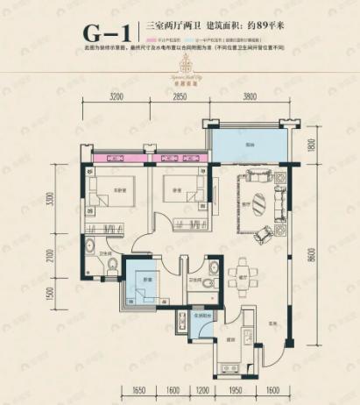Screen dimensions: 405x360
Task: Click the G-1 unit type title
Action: [x=107, y=32]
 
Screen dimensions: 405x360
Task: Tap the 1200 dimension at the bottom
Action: [x=202, y=392]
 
